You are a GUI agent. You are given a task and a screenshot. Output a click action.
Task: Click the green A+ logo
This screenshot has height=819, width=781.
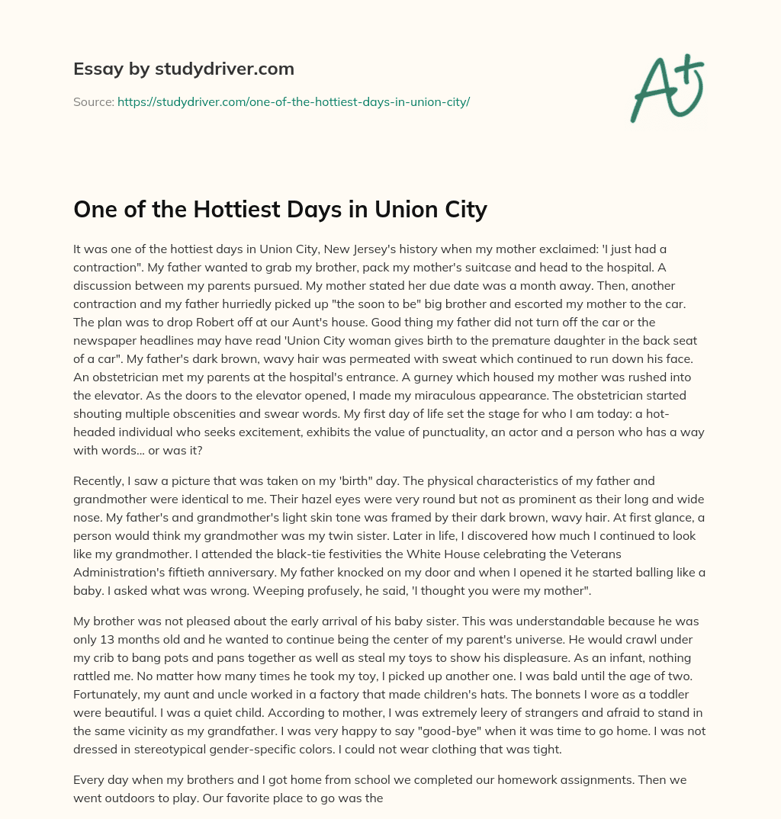(x=666, y=88)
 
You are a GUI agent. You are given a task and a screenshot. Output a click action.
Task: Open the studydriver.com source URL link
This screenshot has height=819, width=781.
(x=293, y=101)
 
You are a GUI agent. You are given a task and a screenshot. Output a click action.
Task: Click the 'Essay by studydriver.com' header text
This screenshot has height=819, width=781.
(x=183, y=69)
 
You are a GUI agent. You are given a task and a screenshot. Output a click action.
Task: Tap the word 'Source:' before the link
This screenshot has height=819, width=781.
(x=94, y=101)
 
